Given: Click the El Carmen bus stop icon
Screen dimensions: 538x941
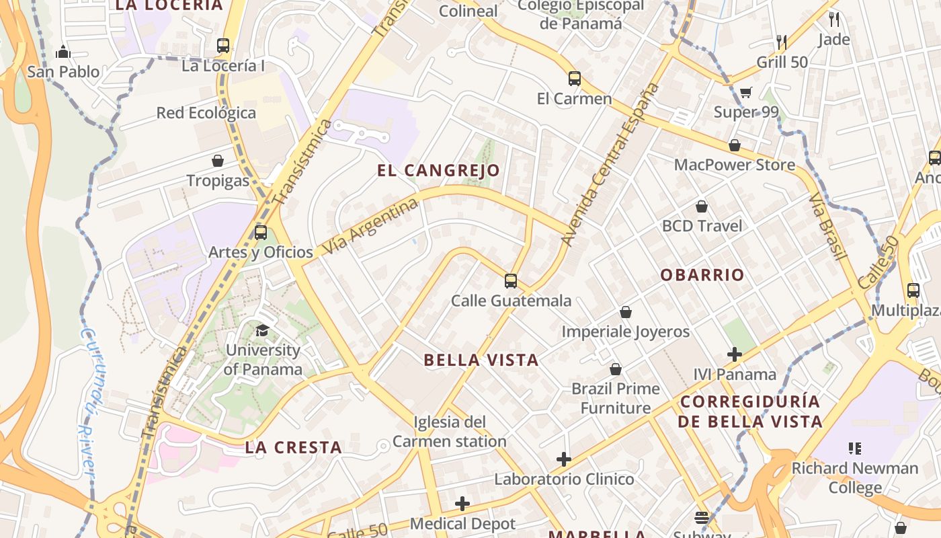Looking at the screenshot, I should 574,79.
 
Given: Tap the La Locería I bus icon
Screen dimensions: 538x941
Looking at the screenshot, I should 223,46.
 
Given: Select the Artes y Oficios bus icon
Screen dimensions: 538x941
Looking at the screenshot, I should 261,233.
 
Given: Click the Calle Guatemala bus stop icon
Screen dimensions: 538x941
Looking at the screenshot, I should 511,281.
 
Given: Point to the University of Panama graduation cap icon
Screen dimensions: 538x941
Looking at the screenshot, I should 262,330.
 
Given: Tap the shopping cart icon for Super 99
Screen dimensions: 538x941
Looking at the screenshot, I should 745,92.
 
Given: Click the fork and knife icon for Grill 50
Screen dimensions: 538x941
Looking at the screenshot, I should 781,42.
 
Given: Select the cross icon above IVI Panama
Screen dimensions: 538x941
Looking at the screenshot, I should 735,354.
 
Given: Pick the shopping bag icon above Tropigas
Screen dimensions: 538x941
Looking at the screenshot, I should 218,161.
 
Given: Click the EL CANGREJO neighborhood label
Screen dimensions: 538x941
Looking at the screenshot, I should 438,170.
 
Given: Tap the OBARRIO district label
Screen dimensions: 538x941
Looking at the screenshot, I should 702,275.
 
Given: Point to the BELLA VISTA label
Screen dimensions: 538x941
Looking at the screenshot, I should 481,360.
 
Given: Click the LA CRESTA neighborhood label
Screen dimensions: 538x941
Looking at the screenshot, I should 293,447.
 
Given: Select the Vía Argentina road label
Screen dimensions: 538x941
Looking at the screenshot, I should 370,226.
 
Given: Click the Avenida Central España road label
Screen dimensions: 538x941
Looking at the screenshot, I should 610,165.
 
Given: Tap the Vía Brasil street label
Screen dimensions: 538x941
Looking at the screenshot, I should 827,226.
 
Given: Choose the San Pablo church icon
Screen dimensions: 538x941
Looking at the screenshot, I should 63,51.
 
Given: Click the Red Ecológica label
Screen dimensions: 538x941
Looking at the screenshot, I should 206,113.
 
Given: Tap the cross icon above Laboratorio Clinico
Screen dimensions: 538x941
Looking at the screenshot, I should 564,459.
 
